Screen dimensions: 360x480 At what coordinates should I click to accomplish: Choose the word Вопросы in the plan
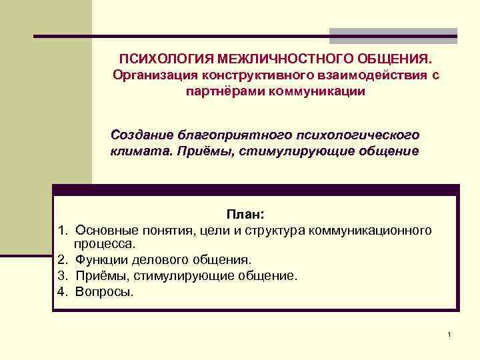point(104,291)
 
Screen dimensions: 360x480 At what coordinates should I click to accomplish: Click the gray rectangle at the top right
point(393,35)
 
